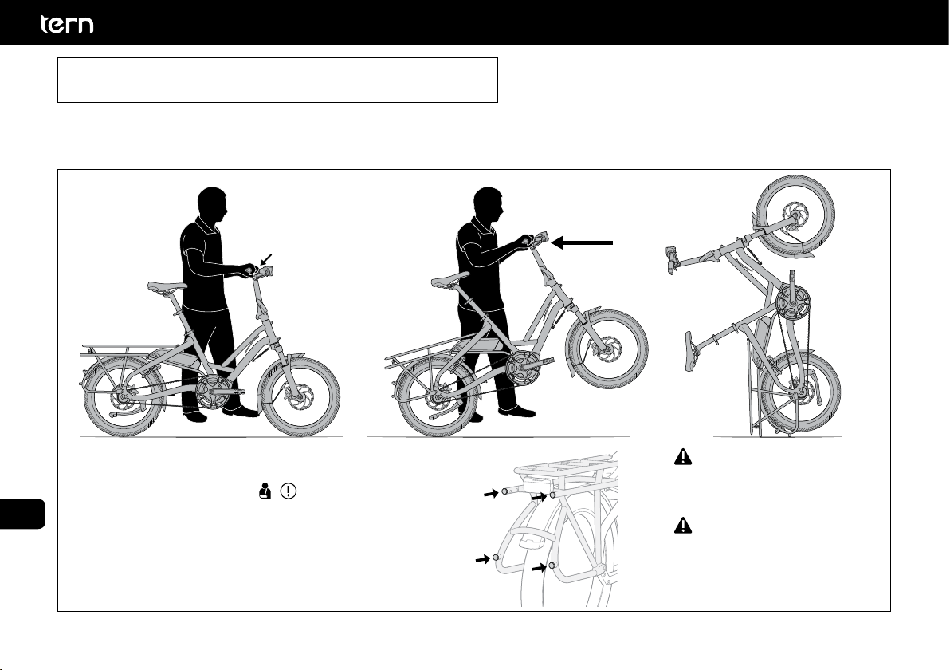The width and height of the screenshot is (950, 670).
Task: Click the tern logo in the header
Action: pyautogui.click(x=67, y=24)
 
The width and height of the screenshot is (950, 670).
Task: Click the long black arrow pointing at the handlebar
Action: pyautogui.click(x=583, y=242)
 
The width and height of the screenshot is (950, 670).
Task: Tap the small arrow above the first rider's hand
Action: pyautogui.click(x=266, y=259)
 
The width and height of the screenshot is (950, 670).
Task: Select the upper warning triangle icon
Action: pyautogui.click(x=683, y=456)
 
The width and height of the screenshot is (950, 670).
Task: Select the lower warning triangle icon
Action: pyautogui.click(x=683, y=525)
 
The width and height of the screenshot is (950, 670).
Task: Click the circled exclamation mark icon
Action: pyautogui.click(x=289, y=491)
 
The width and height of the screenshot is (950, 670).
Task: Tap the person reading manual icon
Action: pyautogui.click(x=264, y=491)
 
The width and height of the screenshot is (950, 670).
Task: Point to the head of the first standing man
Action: pyautogui.click(x=211, y=206)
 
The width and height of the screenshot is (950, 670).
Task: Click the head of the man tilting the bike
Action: pyautogui.click(x=488, y=206)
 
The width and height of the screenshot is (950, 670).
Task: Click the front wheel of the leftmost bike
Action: pyautogui.click(x=300, y=397)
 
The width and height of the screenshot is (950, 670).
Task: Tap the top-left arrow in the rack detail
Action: pyautogui.click(x=490, y=495)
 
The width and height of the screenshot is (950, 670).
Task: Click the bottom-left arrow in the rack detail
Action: pyautogui.click(x=482, y=559)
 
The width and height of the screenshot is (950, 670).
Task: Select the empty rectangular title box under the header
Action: pyautogui.click(x=277, y=80)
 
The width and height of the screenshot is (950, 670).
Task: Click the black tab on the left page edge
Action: pyautogui.click(x=22, y=514)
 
